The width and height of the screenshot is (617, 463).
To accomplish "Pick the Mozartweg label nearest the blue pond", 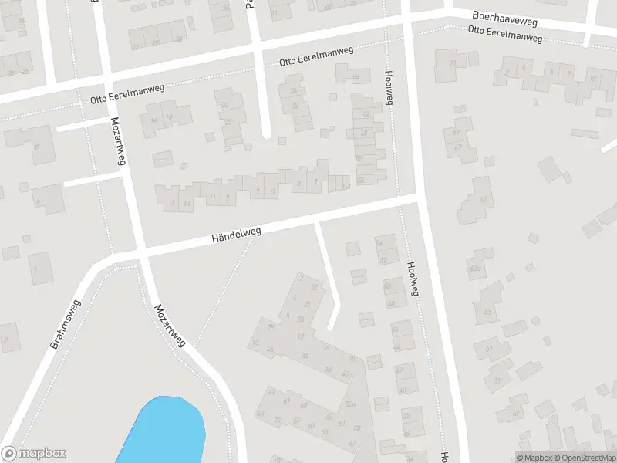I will pyautogui.click(x=170, y=325).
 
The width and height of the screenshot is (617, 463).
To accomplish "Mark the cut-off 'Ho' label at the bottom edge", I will pyautogui.click(x=445, y=456).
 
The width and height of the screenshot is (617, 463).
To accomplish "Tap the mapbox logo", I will pyautogui.click(x=34, y=454).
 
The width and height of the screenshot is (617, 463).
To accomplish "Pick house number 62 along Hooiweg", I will pyautogui.click(x=366, y=114).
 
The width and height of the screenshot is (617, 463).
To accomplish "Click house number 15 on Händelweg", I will pyautogui.click(x=170, y=203).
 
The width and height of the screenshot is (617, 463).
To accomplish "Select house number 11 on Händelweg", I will pyautogui.click(x=211, y=198).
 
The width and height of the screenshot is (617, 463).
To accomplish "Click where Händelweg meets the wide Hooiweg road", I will pyautogui.click(x=419, y=198).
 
